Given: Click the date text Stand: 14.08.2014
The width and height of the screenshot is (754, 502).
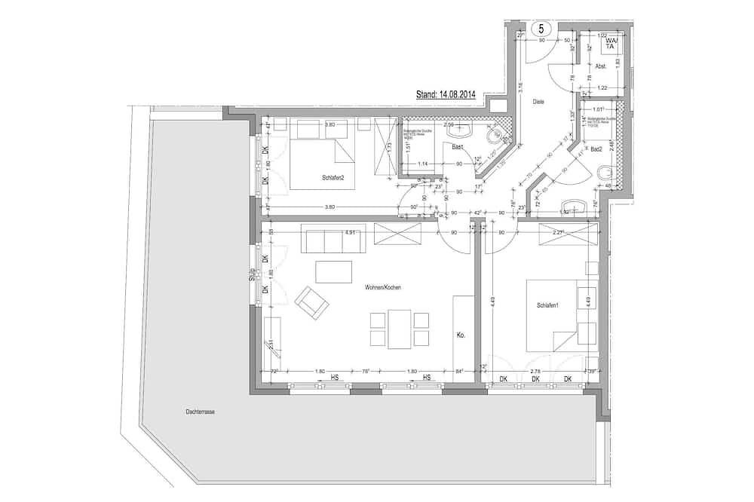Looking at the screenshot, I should coord(446,96).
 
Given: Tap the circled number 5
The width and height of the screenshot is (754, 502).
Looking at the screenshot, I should coord(541,29).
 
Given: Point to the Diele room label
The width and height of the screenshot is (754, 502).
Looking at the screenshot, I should coord(538,101).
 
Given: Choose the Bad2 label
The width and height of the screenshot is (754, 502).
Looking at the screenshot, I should coord(596,148).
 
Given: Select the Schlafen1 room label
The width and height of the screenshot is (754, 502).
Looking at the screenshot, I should coord(547,305).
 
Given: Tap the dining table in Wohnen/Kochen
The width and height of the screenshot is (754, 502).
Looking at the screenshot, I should coord(400,329).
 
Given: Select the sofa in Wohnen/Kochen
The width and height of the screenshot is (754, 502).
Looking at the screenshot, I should coord(333,240).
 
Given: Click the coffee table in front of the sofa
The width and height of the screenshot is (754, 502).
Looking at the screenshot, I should coord(334,271).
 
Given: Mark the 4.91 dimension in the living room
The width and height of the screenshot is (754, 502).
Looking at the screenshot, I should coord(350,233).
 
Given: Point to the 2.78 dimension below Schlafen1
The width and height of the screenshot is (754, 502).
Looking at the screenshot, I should coord(536,372).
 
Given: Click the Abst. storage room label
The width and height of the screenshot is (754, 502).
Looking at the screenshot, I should coord(601,66).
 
